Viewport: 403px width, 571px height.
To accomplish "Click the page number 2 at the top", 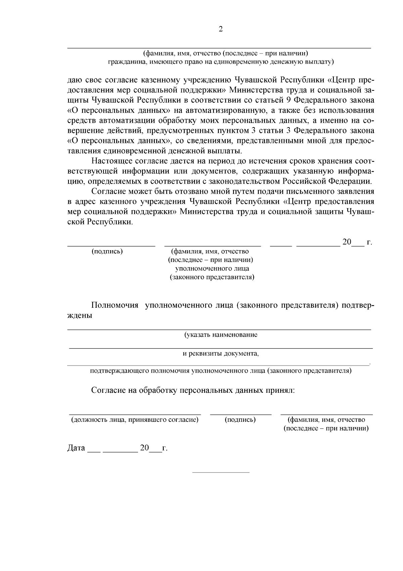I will (221, 29).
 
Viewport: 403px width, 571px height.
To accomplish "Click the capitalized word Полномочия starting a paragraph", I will (115, 305).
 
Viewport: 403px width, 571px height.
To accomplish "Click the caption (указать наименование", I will (221, 335).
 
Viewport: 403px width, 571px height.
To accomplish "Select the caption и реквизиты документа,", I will (221, 354).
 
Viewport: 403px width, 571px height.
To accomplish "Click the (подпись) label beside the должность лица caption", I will (240, 420).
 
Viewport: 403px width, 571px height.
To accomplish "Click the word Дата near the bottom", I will (76, 448).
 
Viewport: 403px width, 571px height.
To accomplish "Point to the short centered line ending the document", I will (221, 472).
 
